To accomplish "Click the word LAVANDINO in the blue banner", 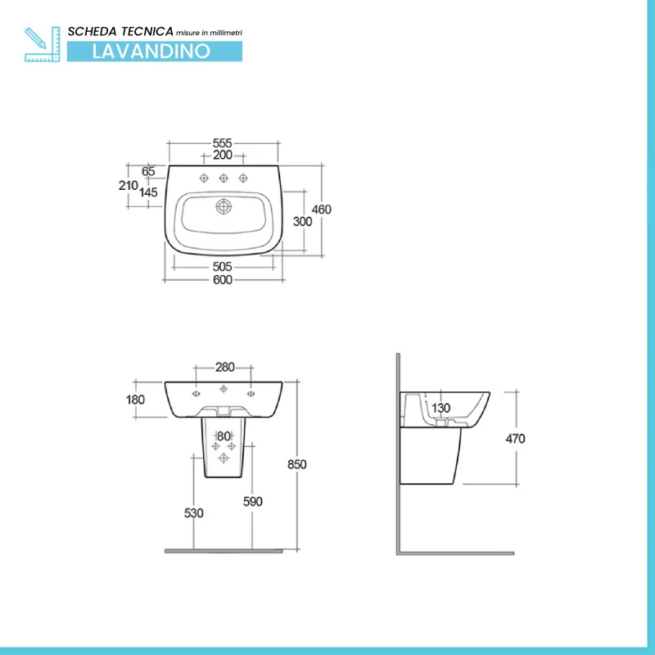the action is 151,52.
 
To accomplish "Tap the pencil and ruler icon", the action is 43,44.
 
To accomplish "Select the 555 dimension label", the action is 222,142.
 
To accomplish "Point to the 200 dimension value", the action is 223,155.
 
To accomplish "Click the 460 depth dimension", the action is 321,210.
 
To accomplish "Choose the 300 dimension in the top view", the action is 302,221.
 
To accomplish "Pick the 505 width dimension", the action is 222,267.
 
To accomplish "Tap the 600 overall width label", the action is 223,279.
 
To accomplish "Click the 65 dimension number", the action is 148,171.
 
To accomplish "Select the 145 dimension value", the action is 148,192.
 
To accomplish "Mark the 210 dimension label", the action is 129,185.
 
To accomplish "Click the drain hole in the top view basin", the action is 224,206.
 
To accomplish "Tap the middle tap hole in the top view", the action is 224,178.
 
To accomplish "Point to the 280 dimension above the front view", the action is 224,367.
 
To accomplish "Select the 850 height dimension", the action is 297,464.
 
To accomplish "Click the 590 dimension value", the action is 253,501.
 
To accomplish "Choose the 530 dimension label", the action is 194,513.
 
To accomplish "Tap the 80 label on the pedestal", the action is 224,436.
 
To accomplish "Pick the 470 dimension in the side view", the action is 515,439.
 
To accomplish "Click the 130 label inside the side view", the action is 440,408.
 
